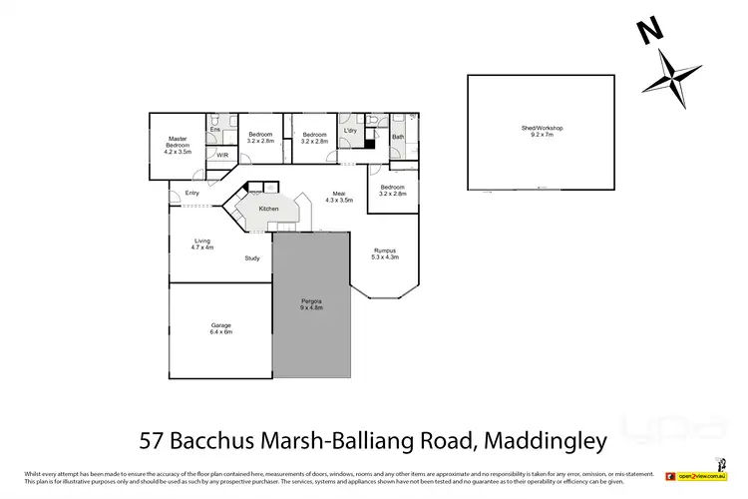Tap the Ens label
[214, 130]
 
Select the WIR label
[222, 155]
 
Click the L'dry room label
[350, 132]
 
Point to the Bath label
[398, 137]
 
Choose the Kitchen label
[268, 209]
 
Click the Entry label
[191, 193]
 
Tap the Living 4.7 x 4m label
[202, 244]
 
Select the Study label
[252, 258]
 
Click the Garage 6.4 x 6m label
[220, 327]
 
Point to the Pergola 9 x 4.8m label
[312, 304]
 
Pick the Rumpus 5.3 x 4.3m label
[385, 253]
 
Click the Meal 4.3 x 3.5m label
[339, 197]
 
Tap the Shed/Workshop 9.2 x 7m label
[543, 131]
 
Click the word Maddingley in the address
[541, 437]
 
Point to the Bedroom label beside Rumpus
[392, 190]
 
